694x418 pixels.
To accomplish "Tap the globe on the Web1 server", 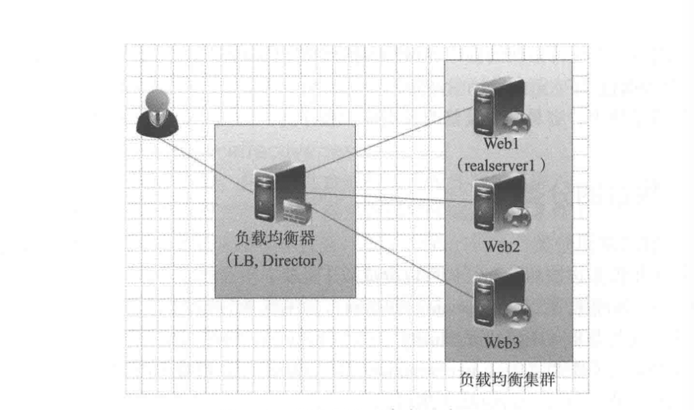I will (517, 122).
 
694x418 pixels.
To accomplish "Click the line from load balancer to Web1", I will (389, 140).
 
